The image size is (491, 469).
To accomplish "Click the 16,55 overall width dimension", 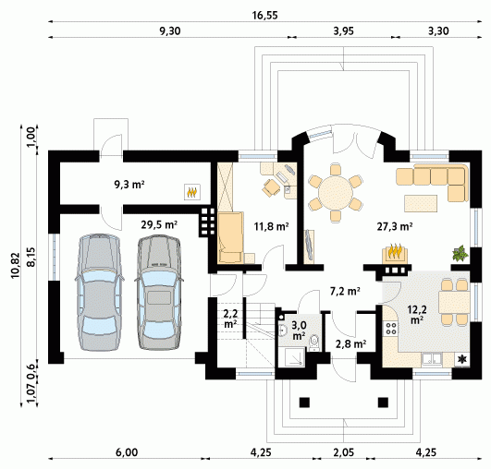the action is pos(264,16).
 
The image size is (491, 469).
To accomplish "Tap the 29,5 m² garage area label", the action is pos(159,224).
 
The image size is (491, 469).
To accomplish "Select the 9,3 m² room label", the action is pos(129,185).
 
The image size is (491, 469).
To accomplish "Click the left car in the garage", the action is pos(99,293).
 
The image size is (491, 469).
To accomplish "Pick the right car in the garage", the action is pos(159,293).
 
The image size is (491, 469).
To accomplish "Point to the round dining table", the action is pos(336,192).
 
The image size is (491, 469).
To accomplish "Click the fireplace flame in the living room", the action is pos(395,252).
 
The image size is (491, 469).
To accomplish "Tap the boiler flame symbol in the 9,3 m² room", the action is pos(192,192).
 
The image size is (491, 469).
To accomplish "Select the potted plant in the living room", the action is pos(460,253).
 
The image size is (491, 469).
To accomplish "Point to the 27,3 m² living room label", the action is pos(394,226).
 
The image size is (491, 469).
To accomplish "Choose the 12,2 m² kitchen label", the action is pos(417,314).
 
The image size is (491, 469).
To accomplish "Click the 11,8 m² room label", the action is pos(272,226).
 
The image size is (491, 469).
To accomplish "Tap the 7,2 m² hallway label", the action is pos(345,291).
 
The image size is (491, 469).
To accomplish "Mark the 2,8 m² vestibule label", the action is pos(351,344).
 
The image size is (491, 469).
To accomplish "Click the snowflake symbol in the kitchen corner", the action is pos(461,359).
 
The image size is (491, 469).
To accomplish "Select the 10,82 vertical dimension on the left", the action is pos(16,265).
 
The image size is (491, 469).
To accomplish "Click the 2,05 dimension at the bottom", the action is pos(344,452).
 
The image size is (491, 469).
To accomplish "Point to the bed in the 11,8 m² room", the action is pos(231,237).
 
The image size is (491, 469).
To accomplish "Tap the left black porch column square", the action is pos(304,403).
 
